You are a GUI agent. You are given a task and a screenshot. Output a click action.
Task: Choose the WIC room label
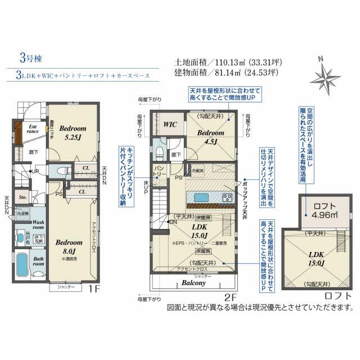170,124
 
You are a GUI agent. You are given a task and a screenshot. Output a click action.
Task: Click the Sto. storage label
23,198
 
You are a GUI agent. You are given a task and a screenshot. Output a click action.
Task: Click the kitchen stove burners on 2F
227,197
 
